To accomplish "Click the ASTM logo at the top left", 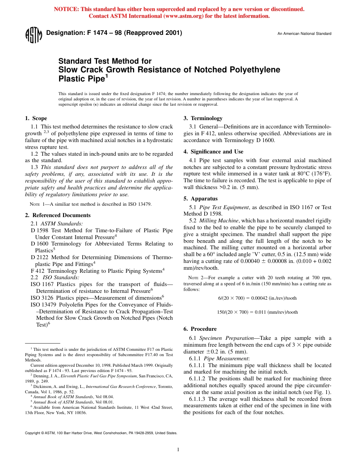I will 33,35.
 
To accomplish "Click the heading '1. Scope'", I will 36,118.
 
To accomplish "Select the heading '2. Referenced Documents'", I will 58,215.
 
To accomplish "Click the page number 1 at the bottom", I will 178,450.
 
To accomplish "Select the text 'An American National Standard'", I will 304,34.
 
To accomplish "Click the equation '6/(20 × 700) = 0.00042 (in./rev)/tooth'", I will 257,298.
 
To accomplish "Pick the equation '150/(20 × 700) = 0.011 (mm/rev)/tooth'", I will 257,312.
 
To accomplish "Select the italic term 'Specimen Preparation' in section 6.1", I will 226,338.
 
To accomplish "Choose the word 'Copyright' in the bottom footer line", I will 32,433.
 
